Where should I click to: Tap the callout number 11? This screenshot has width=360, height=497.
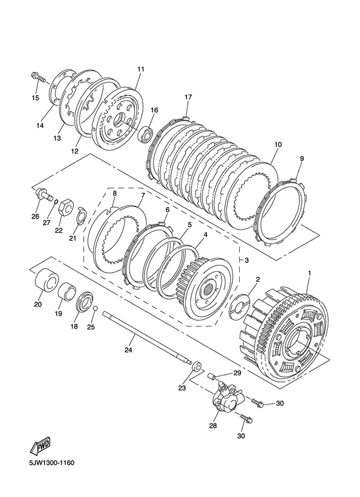141,69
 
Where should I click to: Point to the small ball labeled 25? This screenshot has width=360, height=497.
95,308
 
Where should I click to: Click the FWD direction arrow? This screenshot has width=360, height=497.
40,446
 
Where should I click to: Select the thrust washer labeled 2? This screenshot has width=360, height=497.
239,305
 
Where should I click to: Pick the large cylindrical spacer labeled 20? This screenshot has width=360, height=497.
46,279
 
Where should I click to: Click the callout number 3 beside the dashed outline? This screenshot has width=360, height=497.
247,260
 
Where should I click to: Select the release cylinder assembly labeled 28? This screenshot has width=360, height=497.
227,397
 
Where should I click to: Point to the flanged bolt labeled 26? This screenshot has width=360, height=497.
42,194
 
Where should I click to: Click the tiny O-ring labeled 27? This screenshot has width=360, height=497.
55,201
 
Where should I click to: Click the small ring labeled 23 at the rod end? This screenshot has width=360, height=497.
196,366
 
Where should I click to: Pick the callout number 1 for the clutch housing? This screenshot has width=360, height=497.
309,273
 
